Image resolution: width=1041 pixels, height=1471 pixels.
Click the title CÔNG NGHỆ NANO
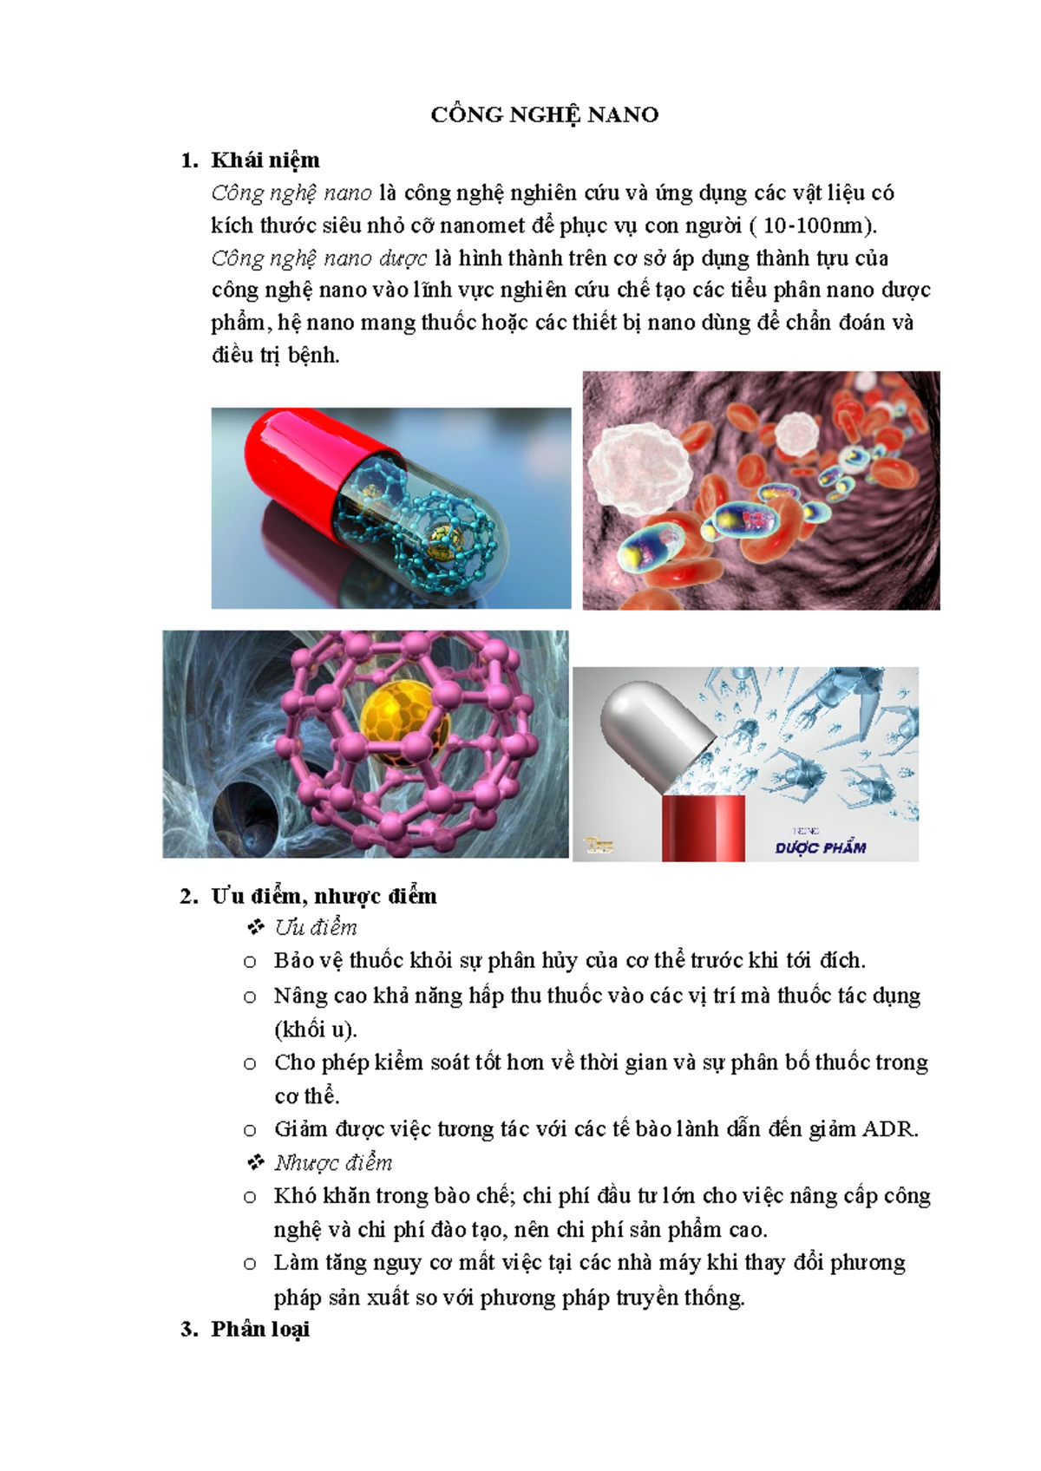pos(545,114)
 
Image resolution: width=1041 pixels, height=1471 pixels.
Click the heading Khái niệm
pos(265,160)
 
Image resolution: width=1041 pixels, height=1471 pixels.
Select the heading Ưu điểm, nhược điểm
pos(324,896)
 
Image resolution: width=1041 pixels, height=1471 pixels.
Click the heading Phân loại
pos(260,1329)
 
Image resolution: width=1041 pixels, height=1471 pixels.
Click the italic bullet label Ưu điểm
pos(316,928)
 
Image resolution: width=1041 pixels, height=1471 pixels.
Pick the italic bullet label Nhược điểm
pos(333,1163)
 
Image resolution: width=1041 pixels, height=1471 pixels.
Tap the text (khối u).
pos(315,1030)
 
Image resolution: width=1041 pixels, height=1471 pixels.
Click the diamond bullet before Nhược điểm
pos(255,1162)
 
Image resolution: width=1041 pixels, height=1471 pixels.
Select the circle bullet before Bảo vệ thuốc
pos(250,962)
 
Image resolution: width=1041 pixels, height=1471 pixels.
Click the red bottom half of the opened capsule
pos(703,828)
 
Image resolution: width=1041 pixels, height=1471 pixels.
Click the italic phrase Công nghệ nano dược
pos(318,258)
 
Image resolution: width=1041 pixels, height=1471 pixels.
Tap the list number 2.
pos(188,896)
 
